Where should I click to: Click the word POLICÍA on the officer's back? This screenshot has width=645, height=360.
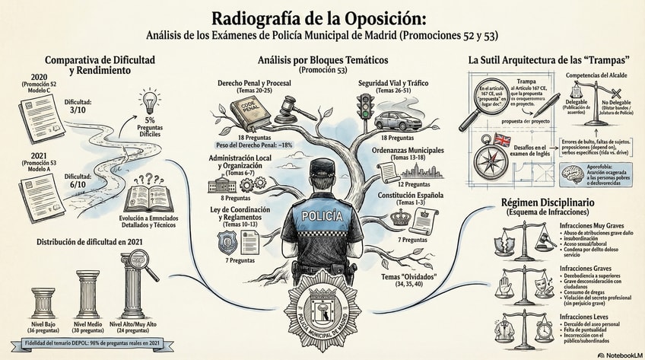pos(322,216)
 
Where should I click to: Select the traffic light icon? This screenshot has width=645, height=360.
pos(366,107)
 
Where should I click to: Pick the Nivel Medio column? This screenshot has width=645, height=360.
pos(88,295)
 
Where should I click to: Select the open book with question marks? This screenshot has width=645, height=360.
pos(147,196)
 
